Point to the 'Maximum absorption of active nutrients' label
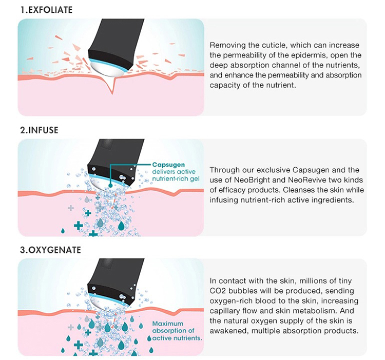[177, 331]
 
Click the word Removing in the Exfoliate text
[227, 46]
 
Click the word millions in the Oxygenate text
[306, 281]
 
